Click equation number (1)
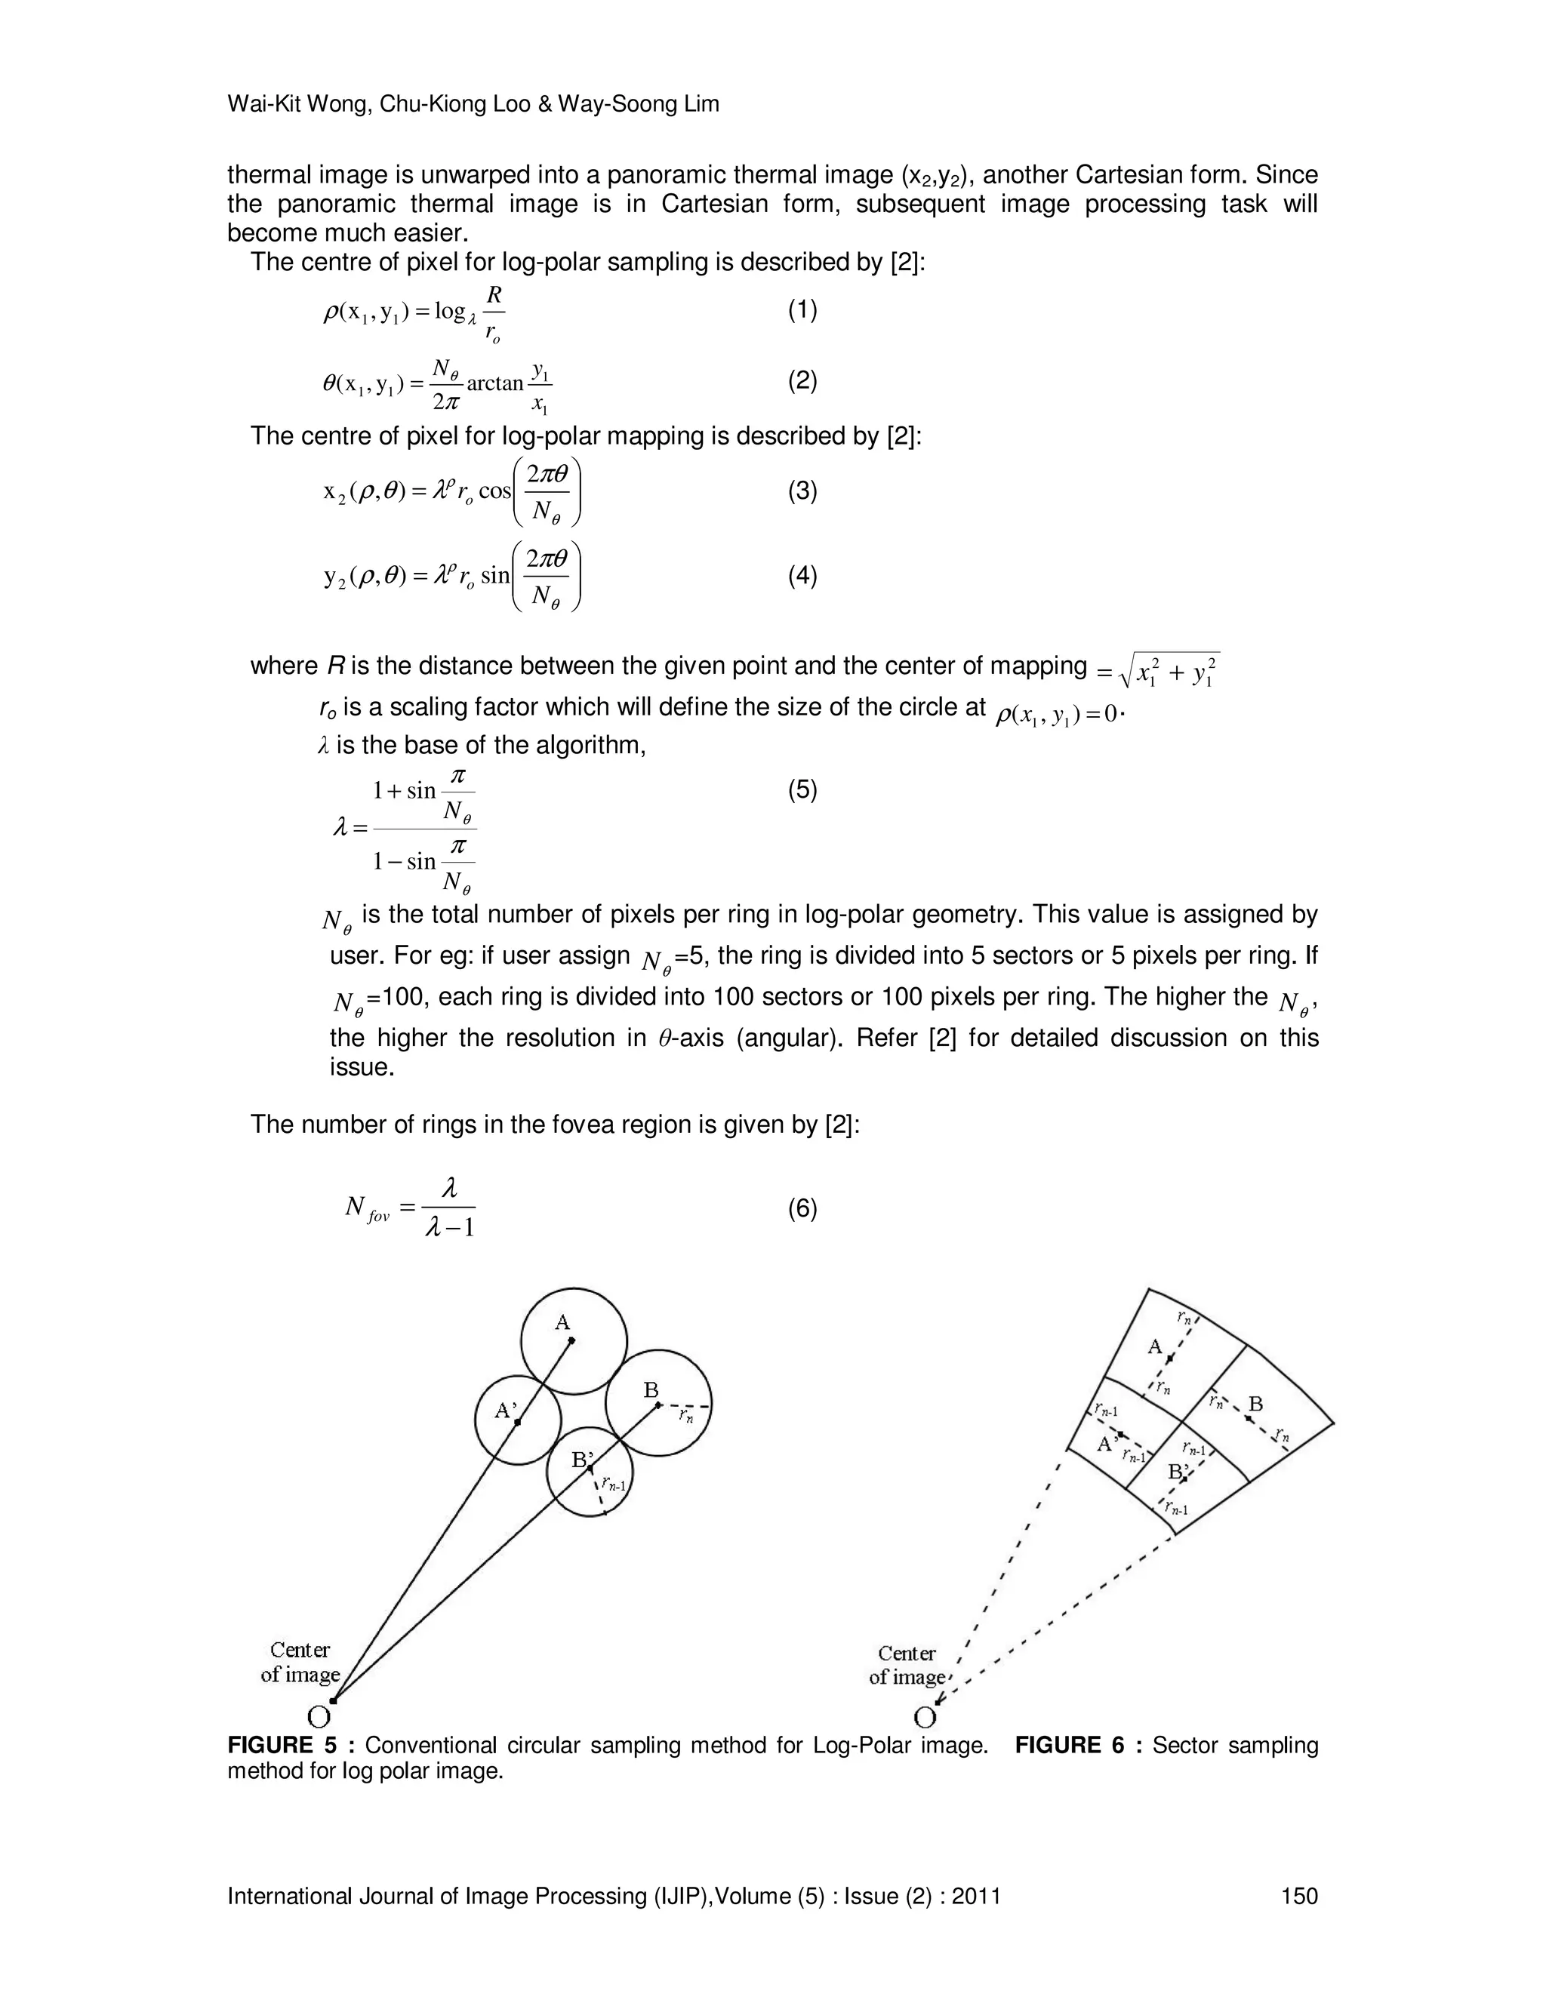(802, 310)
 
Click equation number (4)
(802, 576)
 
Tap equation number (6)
(802, 1209)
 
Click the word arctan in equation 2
(494, 383)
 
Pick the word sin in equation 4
(494, 576)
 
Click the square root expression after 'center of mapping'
(1168, 670)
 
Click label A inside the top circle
(562, 1322)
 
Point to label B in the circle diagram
(651, 1391)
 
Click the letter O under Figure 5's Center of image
(319, 1717)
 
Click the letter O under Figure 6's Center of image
(925, 1717)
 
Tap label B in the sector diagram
(1255, 1404)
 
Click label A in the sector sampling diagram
(1155, 1347)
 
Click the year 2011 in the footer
(975, 1896)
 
